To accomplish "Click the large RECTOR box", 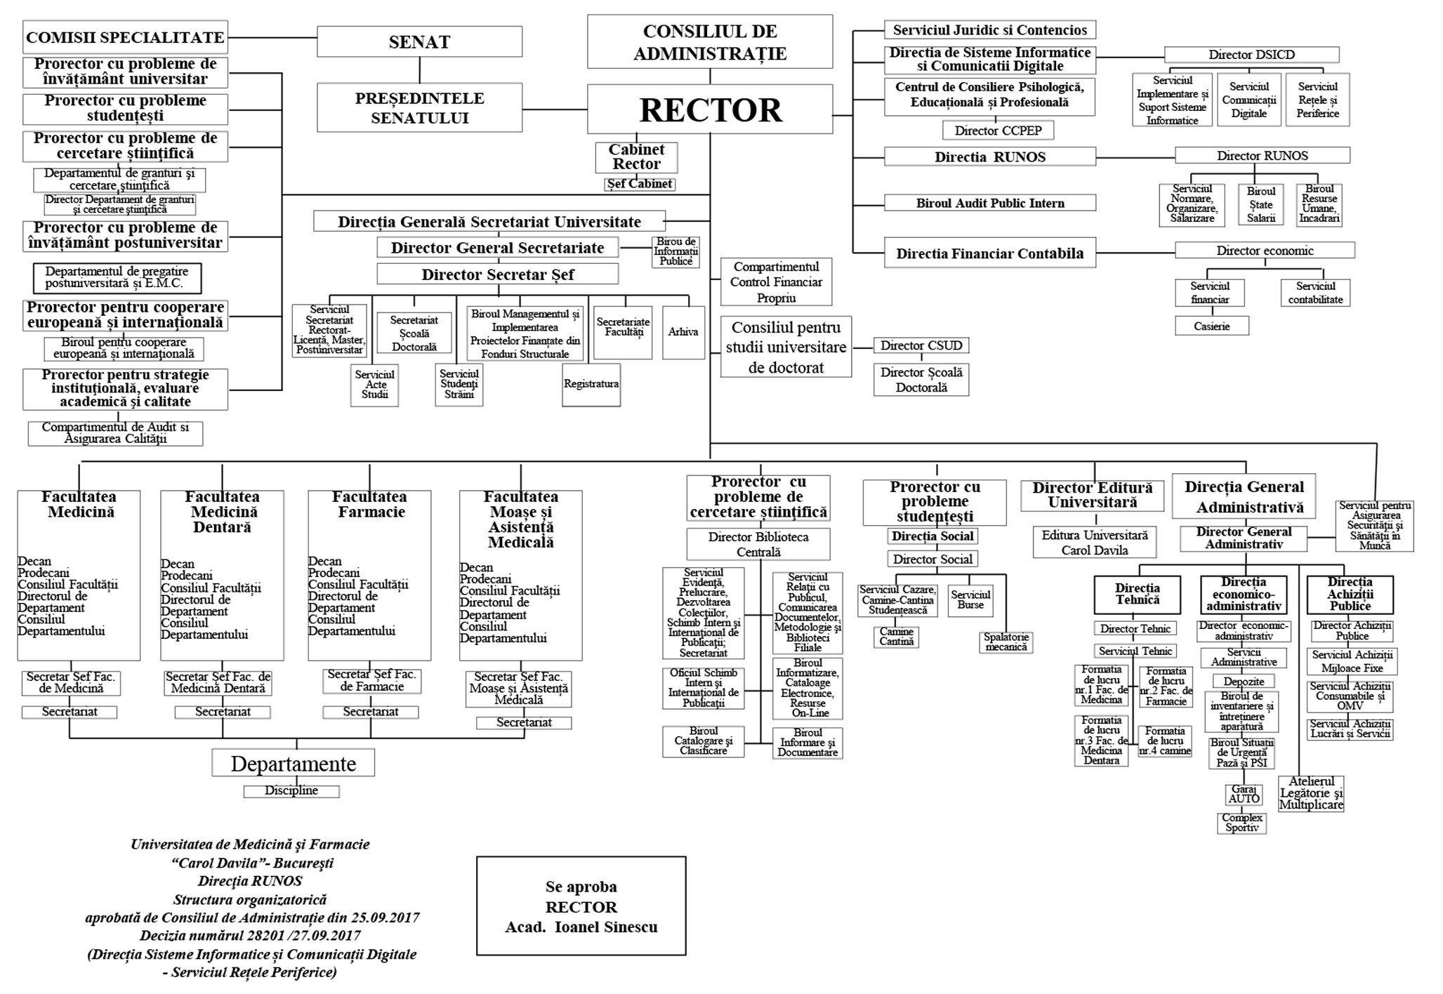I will (710, 110).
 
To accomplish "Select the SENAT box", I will (419, 41).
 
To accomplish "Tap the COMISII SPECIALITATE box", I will (126, 37).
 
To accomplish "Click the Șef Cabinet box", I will (640, 184).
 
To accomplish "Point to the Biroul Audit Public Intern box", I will (989, 203).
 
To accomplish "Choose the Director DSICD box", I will (1251, 55).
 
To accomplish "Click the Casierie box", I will (1211, 326).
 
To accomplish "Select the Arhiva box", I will (683, 332).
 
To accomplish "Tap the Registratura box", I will (591, 384).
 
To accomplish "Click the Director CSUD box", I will (921, 345).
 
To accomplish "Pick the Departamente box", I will (294, 763).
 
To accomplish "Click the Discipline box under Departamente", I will (291, 791).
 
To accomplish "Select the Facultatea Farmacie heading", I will (369, 504).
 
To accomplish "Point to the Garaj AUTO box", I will (1244, 794).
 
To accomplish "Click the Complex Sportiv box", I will (1241, 823).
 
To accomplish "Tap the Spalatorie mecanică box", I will (1006, 642).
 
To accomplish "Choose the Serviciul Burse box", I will (970, 600).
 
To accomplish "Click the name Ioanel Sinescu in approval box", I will (606, 927).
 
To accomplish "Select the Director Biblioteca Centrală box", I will (758, 544).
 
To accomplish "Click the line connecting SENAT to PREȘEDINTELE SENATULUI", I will (420, 69).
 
